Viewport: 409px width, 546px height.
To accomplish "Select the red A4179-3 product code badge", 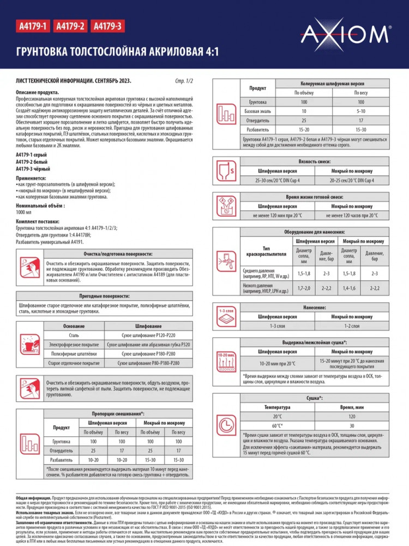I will pyautogui.click(x=107, y=26).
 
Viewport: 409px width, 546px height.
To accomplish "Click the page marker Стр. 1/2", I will pyautogui.click(x=184, y=81).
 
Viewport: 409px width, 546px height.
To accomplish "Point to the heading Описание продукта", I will pyautogui.click(x=38, y=93).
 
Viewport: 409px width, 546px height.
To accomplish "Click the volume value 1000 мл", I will pyautogui.click(x=24, y=211).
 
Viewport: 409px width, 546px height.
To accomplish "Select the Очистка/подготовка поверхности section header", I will pyautogui.click(x=117, y=254).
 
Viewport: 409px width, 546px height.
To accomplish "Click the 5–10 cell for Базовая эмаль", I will pyautogui.click(x=360, y=111).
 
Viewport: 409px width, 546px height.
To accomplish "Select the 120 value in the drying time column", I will pyautogui.click(x=352, y=416).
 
